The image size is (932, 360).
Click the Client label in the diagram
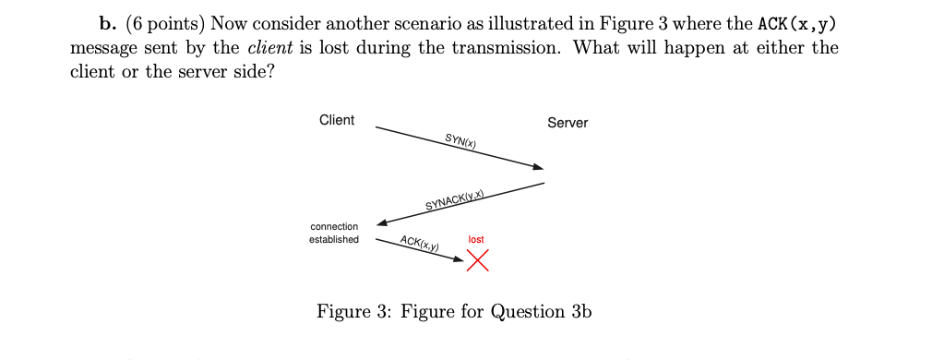pyautogui.click(x=336, y=120)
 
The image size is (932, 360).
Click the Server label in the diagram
pyautogui.click(x=567, y=123)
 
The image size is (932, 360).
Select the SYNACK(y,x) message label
pyautogui.click(x=455, y=200)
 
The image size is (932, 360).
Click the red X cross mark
pyautogui.click(x=477, y=261)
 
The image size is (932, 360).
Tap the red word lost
pyautogui.click(x=476, y=240)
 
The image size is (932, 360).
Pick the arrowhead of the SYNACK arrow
pyautogui.click(x=382, y=222)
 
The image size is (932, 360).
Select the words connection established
pyautogui.click(x=334, y=233)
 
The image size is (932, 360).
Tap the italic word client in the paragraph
pyautogui.click(x=267, y=48)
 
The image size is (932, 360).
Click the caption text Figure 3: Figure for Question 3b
pyautogui.click(x=454, y=311)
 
